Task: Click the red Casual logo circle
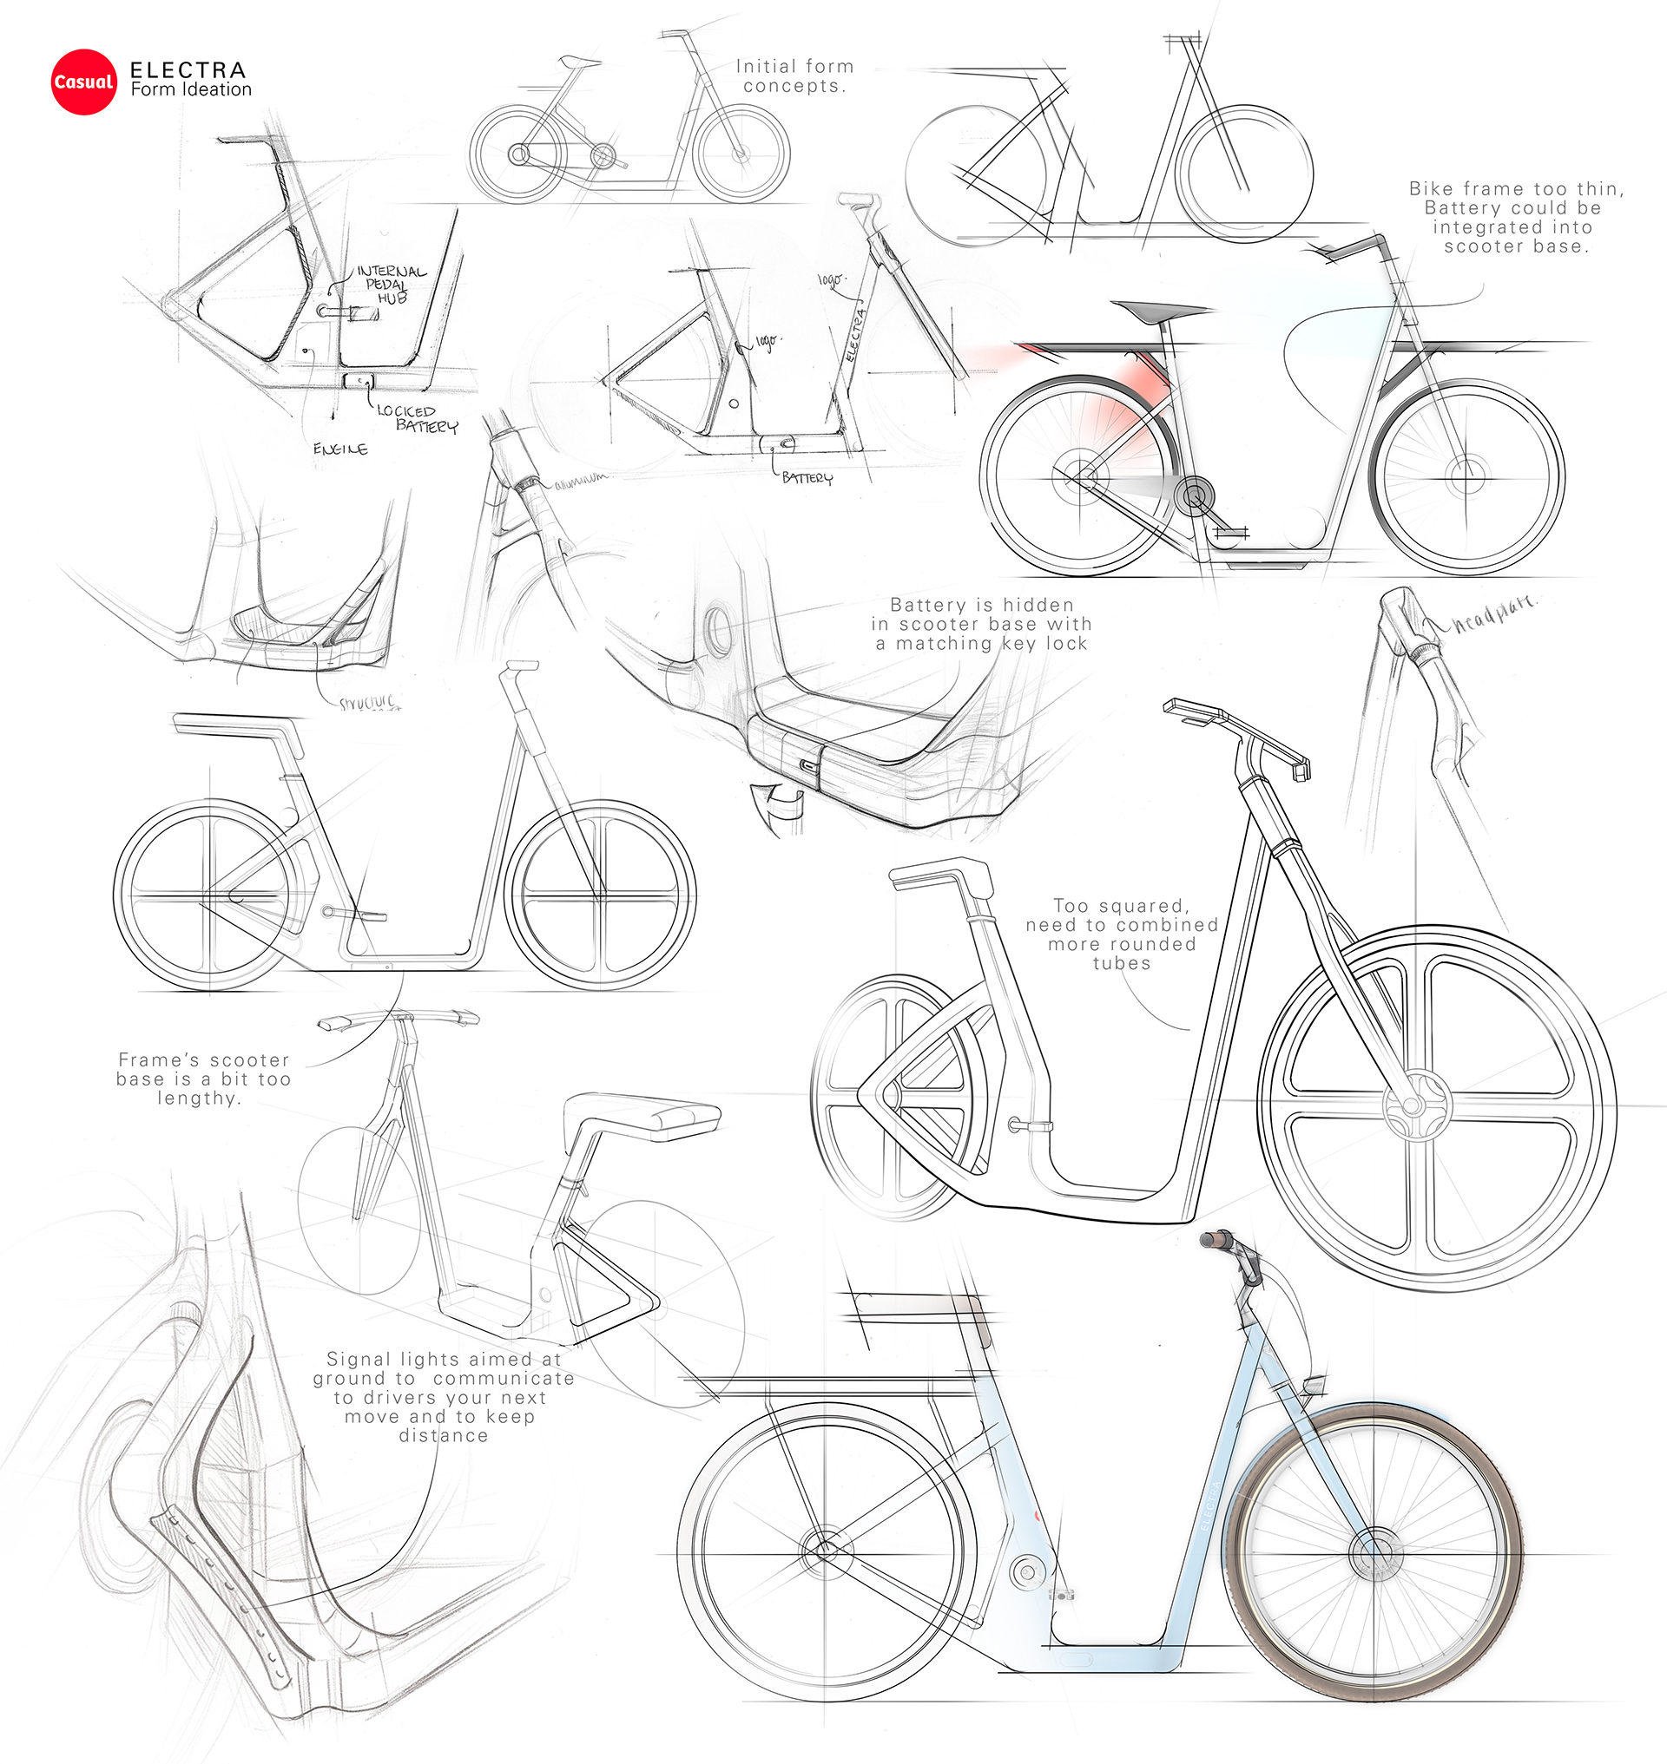[x=83, y=82]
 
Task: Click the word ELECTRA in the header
[x=188, y=70]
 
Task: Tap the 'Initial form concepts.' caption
[x=794, y=76]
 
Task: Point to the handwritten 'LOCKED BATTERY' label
[x=417, y=418]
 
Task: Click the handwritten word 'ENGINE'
[x=340, y=449]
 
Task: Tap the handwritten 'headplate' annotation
[x=1493, y=613]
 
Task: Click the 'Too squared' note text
[x=1122, y=934]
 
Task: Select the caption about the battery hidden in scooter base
[x=981, y=624]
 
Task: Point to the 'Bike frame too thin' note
[x=1516, y=217]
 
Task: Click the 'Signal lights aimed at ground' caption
[x=444, y=1396]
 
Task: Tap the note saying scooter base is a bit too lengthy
[x=203, y=1079]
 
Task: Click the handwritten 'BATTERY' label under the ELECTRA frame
[x=807, y=478]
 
